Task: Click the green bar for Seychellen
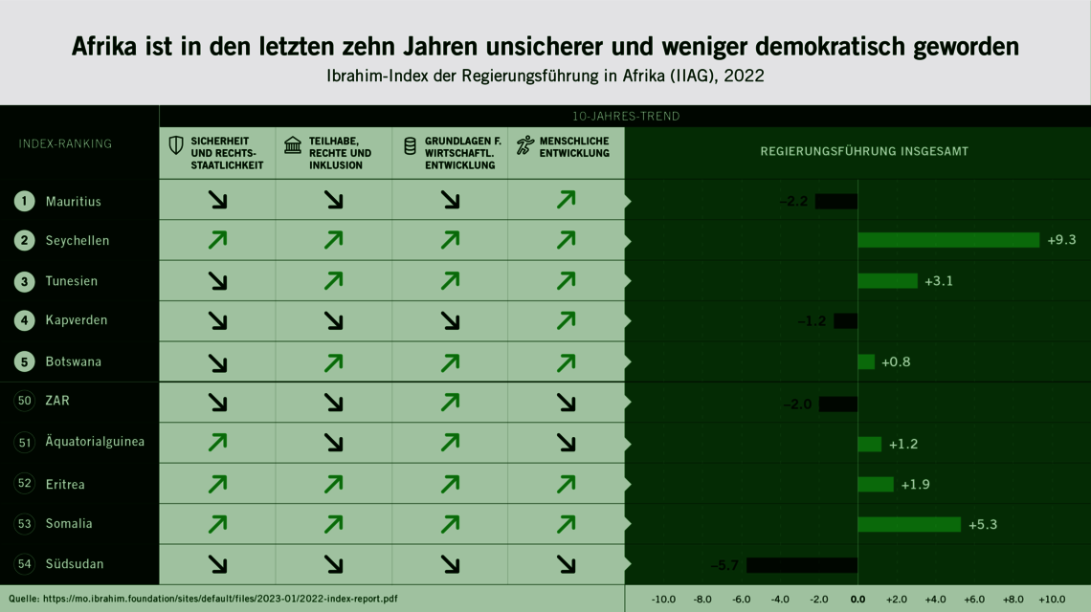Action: [947, 240]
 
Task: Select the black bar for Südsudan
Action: [802, 565]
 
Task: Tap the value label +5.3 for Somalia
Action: [984, 524]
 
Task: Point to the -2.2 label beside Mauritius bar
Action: [793, 201]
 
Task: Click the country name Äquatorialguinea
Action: [95, 442]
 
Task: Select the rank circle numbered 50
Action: [25, 401]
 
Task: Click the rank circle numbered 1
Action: [25, 201]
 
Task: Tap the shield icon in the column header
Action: [176, 145]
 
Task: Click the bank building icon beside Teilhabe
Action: [293, 145]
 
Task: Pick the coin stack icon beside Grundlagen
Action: [409, 145]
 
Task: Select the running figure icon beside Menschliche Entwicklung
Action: [525, 145]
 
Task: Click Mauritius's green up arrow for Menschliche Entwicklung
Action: [566, 200]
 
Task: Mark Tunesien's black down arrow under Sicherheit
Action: [217, 280]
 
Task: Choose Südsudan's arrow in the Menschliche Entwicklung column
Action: [566, 564]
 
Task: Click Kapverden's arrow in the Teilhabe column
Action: [333, 320]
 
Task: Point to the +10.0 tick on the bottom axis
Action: [1051, 600]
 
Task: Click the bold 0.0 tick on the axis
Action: [857, 600]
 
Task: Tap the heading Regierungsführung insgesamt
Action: [864, 151]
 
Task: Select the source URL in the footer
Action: [220, 600]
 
